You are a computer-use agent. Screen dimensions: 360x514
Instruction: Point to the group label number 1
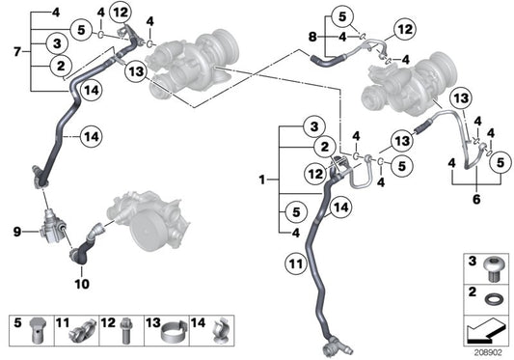click(261, 180)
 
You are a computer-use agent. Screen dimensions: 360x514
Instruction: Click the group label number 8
click(311, 37)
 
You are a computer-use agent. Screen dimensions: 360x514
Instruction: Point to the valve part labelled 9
click(49, 230)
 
